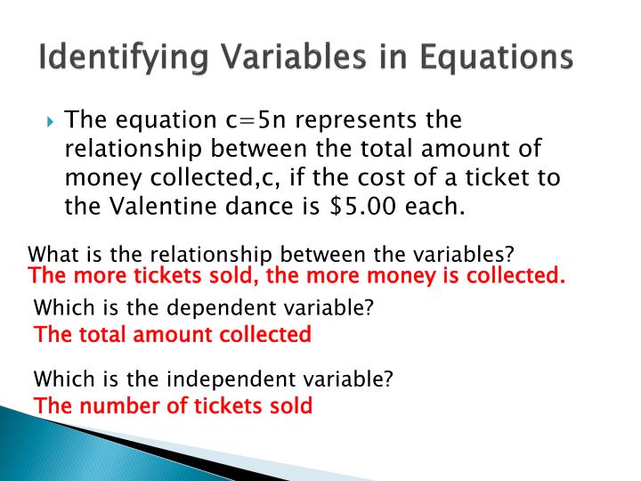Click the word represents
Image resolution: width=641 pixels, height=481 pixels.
(366, 120)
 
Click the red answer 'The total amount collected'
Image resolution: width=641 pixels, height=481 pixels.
(172, 335)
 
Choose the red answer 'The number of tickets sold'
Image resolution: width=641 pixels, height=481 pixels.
(173, 406)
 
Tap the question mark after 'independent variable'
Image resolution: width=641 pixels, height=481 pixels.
(387, 379)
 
